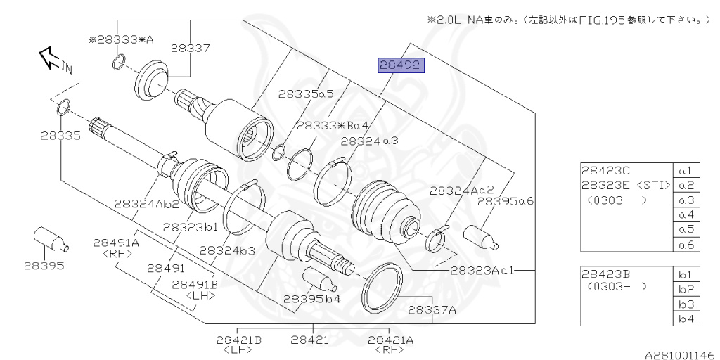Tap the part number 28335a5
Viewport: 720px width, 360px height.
[x=305, y=93]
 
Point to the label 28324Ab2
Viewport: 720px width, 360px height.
[x=147, y=204]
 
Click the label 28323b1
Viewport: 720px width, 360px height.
[x=190, y=227]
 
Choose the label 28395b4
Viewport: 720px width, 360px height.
[x=312, y=298]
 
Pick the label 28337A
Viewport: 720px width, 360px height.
[x=432, y=309]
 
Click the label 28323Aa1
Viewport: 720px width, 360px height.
[x=482, y=270]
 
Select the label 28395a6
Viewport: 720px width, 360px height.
[x=505, y=201]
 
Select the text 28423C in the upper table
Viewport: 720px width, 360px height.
[x=605, y=171]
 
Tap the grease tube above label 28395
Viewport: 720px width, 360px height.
[x=51, y=239]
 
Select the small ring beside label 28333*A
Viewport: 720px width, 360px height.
[x=118, y=65]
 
